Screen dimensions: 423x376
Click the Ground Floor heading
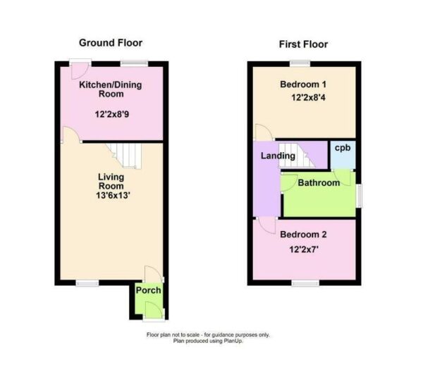(x=111, y=43)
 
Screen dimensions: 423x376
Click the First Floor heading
(x=303, y=44)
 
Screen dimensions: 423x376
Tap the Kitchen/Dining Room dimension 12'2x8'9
(x=112, y=115)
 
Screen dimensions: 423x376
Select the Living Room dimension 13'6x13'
(x=113, y=195)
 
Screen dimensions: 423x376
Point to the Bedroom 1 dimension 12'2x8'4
(x=308, y=97)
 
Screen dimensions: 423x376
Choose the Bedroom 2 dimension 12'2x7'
(x=304, y=250)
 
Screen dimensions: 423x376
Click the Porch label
(x=148, y=290)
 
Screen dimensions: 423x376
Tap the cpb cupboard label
(x=343, y=148)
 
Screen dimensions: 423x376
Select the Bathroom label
(x=319, y=183)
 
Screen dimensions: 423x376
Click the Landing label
(x=278, y=156)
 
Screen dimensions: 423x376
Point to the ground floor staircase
(x=124, y=156)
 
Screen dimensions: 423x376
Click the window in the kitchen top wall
(x=134, y=63)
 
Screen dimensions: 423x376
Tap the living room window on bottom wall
(x=87, y=283)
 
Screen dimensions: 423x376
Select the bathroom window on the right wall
(x=359, y=196)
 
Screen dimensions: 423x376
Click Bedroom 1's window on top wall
(x=300, y=63)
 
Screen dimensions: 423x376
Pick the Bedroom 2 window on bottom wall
(x=305, y=283)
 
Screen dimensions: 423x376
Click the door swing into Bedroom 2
(x=266, y=225)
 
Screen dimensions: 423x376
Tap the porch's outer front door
(x=154, y=311)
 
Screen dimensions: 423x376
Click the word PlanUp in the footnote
(x=233, y=341)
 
